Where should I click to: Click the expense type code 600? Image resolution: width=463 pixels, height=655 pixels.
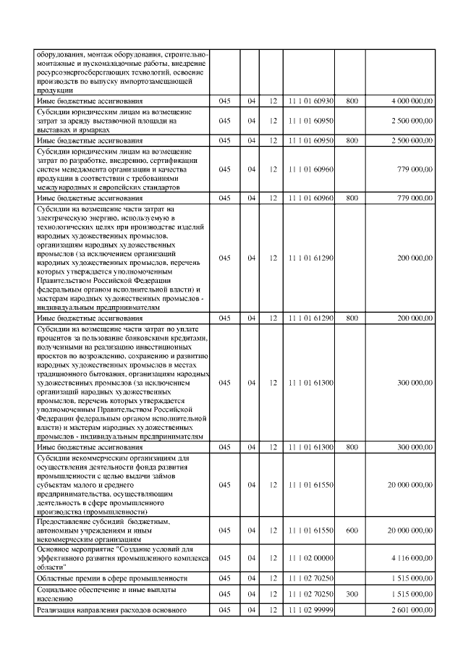pos(352,531)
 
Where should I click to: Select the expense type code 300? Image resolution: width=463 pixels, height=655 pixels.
pos(352,594)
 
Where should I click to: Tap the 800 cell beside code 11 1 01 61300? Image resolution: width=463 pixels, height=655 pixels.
pos(352,447)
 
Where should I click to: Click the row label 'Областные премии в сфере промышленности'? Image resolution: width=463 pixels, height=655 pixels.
pos(111,578)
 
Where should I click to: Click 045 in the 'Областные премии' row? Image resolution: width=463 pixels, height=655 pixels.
pos(224,578)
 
